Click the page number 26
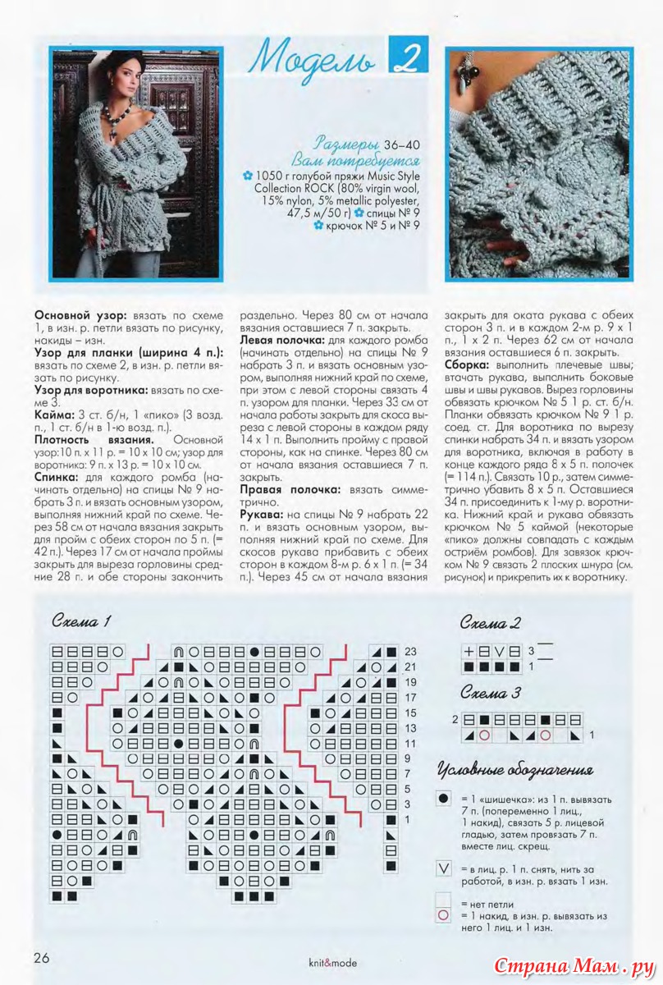pyautogui.click(x=43, y=956)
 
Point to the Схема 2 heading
pyautogui.click(x=491, y=623)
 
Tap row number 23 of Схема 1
pyautogui.click(x=411, y=652)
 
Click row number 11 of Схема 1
pyautogui.click(x=411, y=743)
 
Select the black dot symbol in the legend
pyautogui.click(x=444, y=798)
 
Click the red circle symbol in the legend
pyautogui.click(x=444, y=914)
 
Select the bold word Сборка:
pyautogui.click(x=469, y=364)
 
